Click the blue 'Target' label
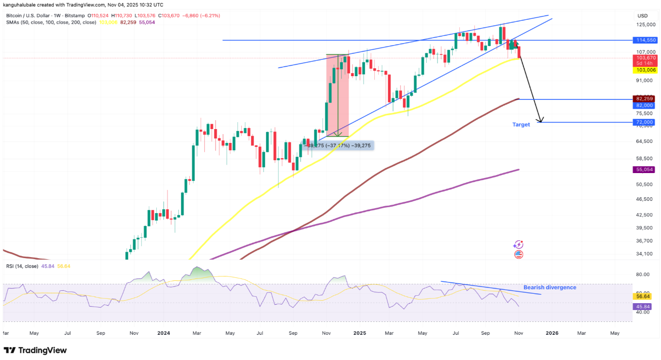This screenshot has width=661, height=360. point(521,125)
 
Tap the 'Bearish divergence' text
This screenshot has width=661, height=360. point(550,287)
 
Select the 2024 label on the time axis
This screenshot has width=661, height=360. point(163,333)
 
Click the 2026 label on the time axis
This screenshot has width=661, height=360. point(552,333)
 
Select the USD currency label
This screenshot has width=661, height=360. point(643,16)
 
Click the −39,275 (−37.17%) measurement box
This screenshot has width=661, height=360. point(339,145)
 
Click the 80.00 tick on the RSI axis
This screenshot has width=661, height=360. point(643,274)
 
